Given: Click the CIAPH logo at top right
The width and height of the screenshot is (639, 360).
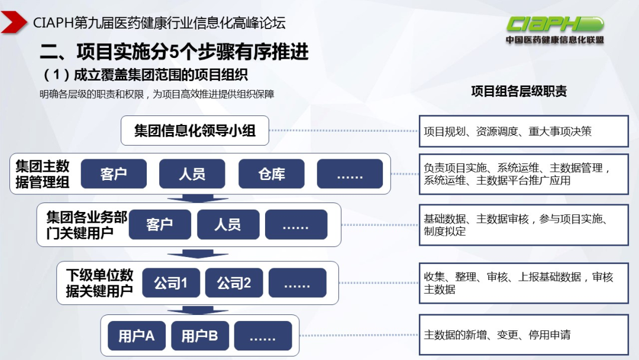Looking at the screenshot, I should click(554, 29).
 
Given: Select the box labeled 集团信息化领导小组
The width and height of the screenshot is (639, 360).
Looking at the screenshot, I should click(195, 130).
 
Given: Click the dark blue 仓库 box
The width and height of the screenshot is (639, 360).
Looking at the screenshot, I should click(272, 173).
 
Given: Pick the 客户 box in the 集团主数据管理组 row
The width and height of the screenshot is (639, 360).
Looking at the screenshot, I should click(114, 173).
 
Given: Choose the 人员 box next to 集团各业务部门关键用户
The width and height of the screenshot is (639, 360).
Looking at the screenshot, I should click(228, 224).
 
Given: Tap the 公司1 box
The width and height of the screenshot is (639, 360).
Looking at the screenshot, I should click(170, 283).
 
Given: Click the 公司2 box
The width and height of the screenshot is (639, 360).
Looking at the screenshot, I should click(234, 283).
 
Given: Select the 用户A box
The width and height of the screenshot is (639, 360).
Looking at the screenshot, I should click(136, 336).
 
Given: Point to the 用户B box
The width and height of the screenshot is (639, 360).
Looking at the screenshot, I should click(199, 336).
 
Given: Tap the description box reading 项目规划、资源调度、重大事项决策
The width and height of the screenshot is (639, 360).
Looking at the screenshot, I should click(524, 131).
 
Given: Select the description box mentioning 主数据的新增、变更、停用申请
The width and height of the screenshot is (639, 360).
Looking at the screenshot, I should click(524, 335).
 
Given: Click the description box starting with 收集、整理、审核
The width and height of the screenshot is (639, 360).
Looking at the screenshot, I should click(524, 283).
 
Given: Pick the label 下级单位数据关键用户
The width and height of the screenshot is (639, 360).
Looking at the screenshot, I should click(99, 283).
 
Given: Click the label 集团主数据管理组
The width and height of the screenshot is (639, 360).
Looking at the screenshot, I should click(43, 173).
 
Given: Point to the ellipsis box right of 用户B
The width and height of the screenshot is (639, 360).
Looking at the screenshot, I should click(263, 336).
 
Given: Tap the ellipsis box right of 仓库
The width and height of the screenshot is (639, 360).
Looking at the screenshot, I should click(350, 173).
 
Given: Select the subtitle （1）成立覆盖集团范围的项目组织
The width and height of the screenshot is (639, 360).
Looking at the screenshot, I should click(146, 75).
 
